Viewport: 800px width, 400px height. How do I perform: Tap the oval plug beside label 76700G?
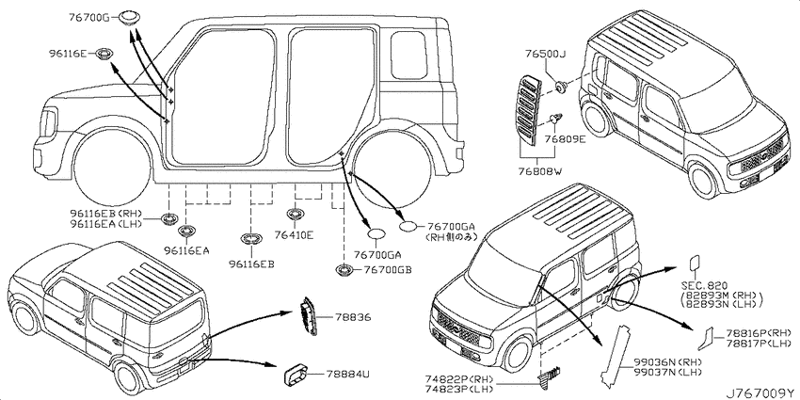(x=130, y=14)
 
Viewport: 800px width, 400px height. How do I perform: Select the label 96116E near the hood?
(x=70, y=54)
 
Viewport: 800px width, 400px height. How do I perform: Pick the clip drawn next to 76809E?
(x=555, y=118)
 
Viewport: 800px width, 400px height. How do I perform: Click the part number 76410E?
(x=294, y=235)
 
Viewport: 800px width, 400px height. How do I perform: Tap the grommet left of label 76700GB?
(x=344, y=271)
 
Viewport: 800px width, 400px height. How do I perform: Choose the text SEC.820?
(x=702, y=284)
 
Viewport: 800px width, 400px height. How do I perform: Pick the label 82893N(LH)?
(x=724, y=306)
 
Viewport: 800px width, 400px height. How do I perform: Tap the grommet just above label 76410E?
(x=294, y=216)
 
